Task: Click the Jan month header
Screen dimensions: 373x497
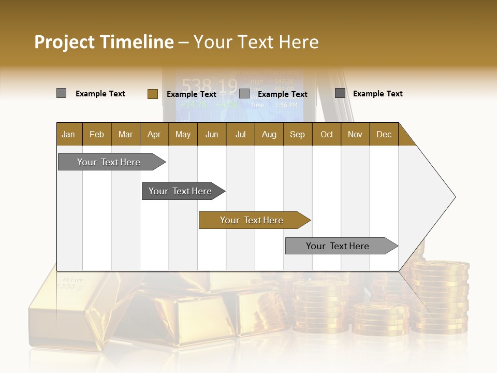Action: [68, 134]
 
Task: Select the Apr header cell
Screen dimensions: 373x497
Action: [154, 134]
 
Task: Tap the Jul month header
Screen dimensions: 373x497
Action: [240, 134]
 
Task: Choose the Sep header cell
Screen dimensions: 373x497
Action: [297, 134]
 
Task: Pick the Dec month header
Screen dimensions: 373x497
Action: [384, 134]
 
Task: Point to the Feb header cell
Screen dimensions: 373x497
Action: [97, 134]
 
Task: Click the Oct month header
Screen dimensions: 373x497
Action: [327, 134]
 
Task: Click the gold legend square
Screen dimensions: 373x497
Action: [152, 94]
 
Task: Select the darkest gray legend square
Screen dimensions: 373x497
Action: [340, 93]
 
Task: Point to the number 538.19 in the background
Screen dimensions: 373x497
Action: [209, 86]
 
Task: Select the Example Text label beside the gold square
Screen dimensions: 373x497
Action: [191, 94]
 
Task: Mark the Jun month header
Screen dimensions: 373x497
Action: [212, 134]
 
